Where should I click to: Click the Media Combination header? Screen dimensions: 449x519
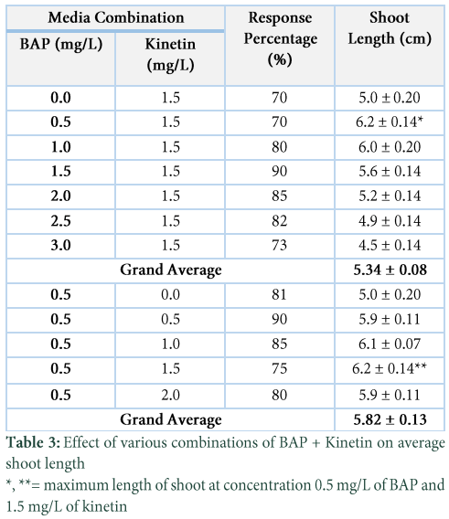(x=115, y=17)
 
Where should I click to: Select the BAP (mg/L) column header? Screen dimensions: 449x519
(x=61, y=45)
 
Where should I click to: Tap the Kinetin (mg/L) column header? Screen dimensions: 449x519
(x=170, y=55)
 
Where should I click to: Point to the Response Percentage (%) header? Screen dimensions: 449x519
(x=280, y=38)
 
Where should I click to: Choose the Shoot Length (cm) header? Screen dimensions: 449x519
(x=390, y=28)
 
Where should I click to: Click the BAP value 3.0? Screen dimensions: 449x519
(x=60, y=245)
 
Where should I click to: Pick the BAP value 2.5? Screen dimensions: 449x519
(x=60, y=221)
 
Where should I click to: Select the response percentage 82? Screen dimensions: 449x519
(x=279, y=221)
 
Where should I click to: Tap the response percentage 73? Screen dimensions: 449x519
(x=279, y=245)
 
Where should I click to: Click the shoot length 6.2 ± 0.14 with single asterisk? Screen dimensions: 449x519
(x=390, y=122)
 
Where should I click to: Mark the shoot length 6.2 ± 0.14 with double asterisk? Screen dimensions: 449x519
(x=390, y=368)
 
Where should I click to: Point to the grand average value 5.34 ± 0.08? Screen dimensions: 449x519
(x=390, y=270)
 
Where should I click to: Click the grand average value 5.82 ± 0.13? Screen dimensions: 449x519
(x=390, y=419)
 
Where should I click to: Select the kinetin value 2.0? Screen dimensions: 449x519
(x=170, y=395)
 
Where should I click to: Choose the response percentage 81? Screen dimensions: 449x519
(x=279, y=294)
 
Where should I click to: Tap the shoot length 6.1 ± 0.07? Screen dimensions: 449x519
(x=390, y=344)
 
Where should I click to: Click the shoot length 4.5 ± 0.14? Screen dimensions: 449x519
(x=390, y=245)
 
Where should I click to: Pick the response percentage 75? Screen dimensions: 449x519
(x=279, y=368)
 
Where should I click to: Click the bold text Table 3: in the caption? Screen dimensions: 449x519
(x=33, y=442)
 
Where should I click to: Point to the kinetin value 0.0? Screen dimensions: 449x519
(x=170, y=294)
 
